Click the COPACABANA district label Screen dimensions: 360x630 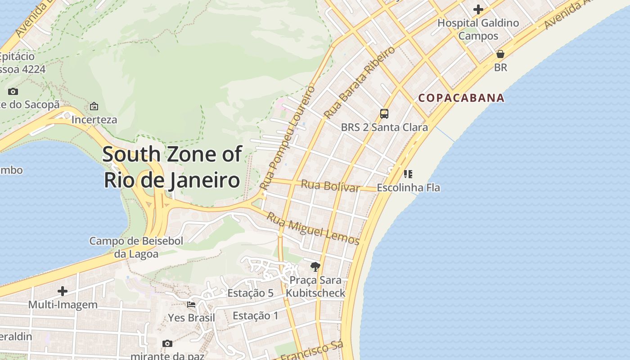pos(461,98)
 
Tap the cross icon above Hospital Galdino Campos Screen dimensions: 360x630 pos(478,9)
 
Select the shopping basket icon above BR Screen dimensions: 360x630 pos(500,54)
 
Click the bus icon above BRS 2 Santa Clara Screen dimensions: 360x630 pos(384,114)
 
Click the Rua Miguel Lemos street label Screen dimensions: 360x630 pos(313,228)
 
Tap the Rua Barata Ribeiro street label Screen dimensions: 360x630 pos(360,82)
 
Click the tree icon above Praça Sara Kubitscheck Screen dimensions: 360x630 pos(315,267)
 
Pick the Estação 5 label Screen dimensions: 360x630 pos(250,293)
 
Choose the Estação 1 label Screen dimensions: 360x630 pos(256,316)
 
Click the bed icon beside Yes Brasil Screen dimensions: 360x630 pos(191,305)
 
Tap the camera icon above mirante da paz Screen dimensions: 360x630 pos(167,344)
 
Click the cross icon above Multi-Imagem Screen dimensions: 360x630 pos(63,291)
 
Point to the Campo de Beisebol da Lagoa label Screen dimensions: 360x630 pos(136,247)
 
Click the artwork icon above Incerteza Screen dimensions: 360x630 pos(94,107)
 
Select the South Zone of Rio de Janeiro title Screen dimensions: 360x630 pos(172,167)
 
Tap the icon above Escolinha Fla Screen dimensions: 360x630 pos(408,174)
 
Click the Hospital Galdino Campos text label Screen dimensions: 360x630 pos(478,29)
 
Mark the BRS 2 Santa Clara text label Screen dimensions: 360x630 pos(384,127)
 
